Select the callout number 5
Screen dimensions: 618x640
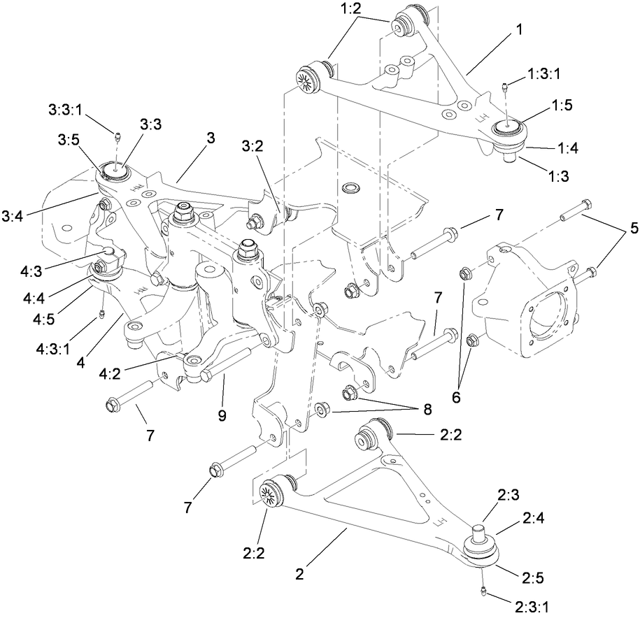[x=632, y=228]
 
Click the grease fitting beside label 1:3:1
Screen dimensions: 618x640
[x=503, y=88]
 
